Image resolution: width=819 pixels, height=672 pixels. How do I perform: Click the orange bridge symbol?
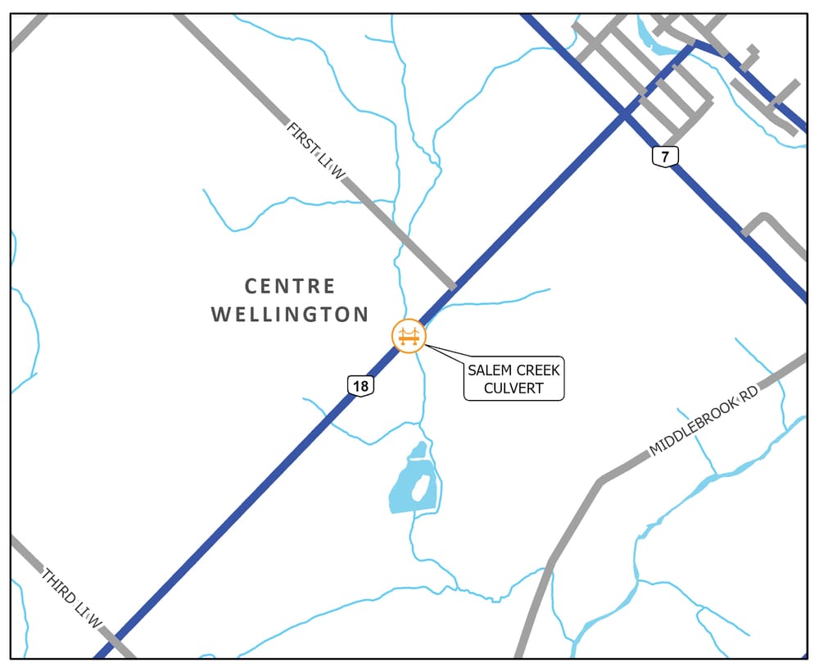[x=409, y=336]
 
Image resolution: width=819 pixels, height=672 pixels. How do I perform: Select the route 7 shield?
[x=665, y=156]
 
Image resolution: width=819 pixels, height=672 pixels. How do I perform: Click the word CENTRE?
[x=291, y=286]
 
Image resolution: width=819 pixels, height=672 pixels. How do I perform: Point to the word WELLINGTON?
[x=290, y=314]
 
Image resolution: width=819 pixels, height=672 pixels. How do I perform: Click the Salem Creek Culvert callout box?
[x=514, y=379]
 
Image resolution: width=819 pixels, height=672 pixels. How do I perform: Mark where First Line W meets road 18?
[x=453, y=286]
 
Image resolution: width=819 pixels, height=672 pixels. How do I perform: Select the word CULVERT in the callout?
[x=514, y=388]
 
